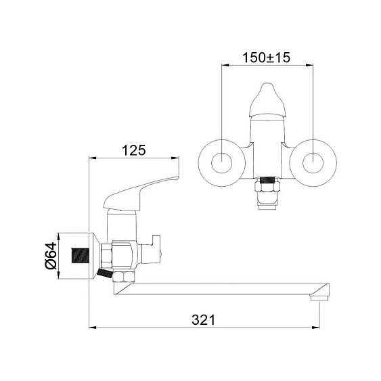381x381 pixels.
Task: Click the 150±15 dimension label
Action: point(266,58)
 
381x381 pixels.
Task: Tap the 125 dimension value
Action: point(133,150)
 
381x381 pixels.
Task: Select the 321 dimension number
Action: point(204,320)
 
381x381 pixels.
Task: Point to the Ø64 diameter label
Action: point(51,256)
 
